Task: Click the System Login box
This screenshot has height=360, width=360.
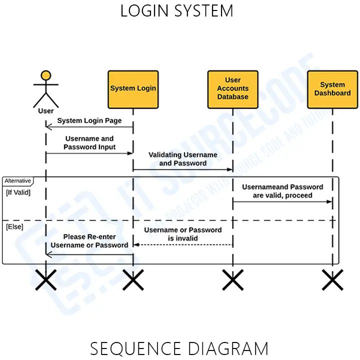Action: click(133, 89)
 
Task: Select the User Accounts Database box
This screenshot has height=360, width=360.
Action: click(232, 89)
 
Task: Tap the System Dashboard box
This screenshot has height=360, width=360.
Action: click(332, 89)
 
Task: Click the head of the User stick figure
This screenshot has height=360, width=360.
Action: click(46, 75)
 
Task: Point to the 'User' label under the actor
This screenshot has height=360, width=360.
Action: click(46, 110)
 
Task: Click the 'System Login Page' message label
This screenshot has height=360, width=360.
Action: click(89, 120)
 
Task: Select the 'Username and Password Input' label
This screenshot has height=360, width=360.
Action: click(89, 142)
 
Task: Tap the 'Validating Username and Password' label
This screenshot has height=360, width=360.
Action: click(182, 159)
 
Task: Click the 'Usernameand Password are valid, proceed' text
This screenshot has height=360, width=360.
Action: click(282, 191)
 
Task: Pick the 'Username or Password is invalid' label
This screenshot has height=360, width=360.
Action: click(183, 234)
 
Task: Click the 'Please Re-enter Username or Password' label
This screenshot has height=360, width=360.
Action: click(89, 240)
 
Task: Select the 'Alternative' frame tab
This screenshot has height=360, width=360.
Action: click(17, 180)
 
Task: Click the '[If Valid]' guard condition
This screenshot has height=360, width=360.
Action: click(18, 192)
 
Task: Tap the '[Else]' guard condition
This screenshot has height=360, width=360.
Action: click(14, 227)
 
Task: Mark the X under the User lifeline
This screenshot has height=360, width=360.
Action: click(46, 280)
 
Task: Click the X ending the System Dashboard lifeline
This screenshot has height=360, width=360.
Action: click(332, 280)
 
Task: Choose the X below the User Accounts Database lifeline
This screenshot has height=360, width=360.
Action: click(232, 280)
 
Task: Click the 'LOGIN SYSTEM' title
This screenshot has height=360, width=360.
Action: click(176, 11)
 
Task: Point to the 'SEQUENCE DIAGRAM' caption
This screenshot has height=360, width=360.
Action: click(179, 348)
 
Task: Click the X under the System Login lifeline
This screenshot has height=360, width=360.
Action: click(133, 280)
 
